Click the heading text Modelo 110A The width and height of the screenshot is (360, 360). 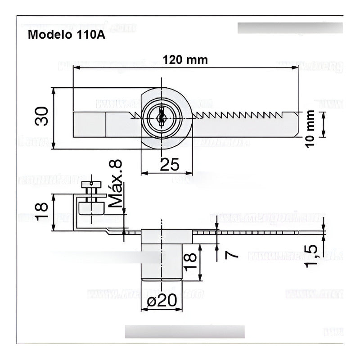pos(67,35)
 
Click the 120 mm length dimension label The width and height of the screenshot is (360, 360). pos(185,60)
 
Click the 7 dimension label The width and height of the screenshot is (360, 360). pos(231,255)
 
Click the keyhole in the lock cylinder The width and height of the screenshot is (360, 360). pos(161,117)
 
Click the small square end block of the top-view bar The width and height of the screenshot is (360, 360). pos(89,124)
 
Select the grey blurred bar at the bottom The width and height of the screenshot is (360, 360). pos(184,332)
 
